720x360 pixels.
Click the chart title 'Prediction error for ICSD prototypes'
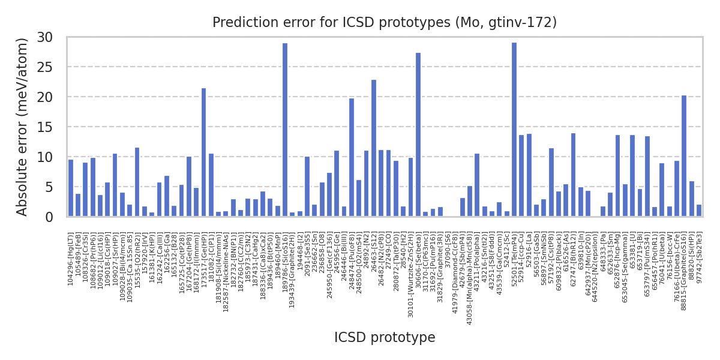pyautogui.click(x=385, y=23)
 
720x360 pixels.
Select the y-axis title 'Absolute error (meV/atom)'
pyautogui.click(x=23, y=127)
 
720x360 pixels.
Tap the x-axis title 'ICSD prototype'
pyautogui.click(x=385, y=338)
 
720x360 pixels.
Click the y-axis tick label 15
pyautogui.click(x=53, y=127)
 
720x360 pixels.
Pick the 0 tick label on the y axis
pyautogui.click(x=56, y=217)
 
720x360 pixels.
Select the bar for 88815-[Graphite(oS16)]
pyautogui.click(x=684, y=156)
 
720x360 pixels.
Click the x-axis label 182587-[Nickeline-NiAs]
pyautogui.click(x=226, y=264)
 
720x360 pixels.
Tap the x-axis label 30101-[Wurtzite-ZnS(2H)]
pyautogui.click(x=411, y=267)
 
